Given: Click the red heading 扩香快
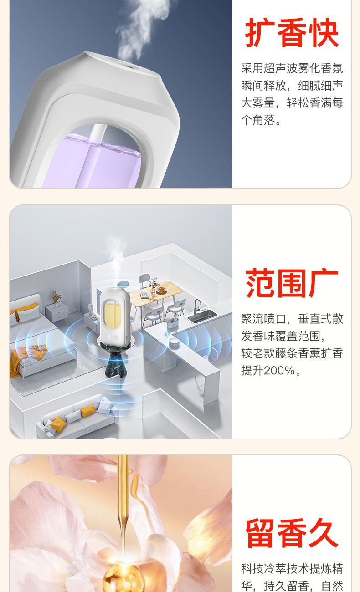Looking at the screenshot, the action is pos(292,32).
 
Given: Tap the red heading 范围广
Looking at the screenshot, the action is pos(292,283).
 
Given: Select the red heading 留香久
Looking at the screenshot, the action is pos(292,532).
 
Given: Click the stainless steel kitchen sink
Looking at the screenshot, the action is pos(203,316).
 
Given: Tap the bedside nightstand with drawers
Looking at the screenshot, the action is pos(57,312).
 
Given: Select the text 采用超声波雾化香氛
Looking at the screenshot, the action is pos(292,68).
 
